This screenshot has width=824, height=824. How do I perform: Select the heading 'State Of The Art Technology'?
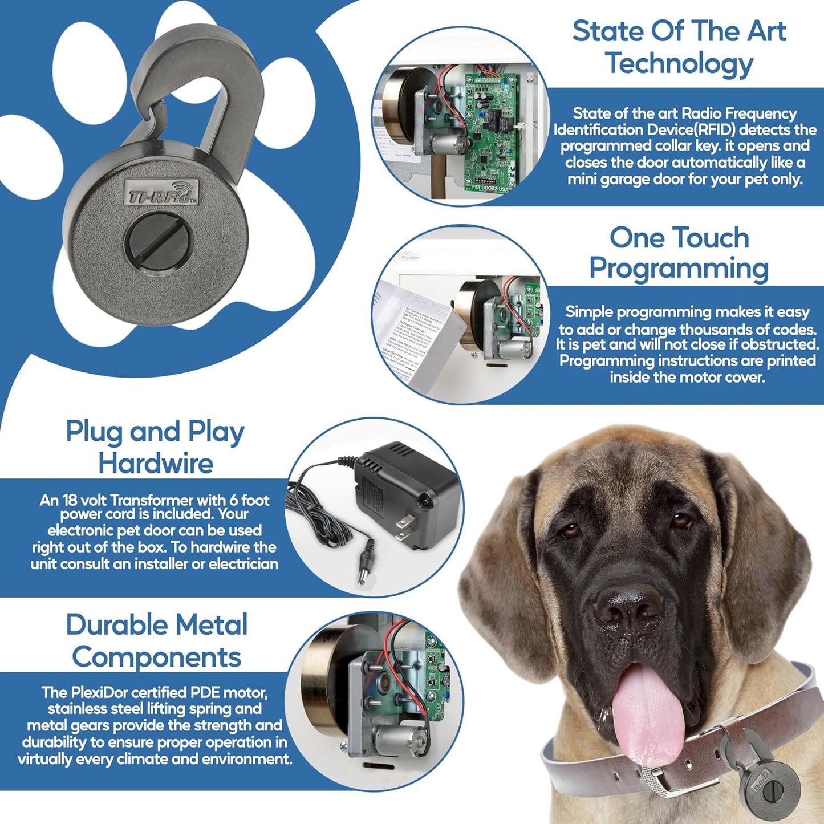click(x=679, y=47)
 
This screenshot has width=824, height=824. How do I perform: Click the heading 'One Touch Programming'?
click(x=679, y=253)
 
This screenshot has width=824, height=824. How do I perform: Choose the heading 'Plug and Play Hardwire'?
click(x=155, y=447)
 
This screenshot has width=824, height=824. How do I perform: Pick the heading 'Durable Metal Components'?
click(x=156, y=641)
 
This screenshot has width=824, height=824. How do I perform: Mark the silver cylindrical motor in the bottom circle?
click(x=393, y=738)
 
